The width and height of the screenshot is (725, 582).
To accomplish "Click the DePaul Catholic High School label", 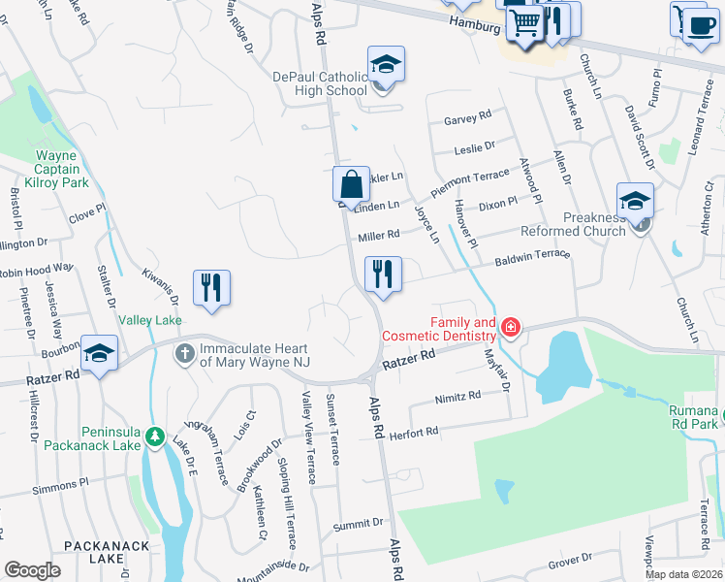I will (x=332, y=83).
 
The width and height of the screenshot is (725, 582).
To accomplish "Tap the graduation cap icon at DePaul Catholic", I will (x=386, y=66).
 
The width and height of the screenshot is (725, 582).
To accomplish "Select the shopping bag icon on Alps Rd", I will (x=351, y=182).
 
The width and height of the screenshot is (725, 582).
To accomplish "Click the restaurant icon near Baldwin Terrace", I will (x=383, y=275).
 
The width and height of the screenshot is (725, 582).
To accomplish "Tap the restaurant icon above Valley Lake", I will (x=210, y=287).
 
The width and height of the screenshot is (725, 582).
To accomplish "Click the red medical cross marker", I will (x=510, y=330).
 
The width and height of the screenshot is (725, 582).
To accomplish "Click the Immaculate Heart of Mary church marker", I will (x=184, y=354).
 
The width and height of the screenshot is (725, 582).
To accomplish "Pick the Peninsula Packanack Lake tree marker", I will (x=154, y=439).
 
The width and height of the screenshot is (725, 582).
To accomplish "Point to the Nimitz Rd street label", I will (x=457, y=396).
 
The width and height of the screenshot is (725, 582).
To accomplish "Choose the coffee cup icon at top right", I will (x=697, y=21).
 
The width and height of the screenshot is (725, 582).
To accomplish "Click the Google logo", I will (x=33, y=570).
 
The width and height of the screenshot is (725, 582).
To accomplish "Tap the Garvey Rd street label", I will (x=467, y=118).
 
